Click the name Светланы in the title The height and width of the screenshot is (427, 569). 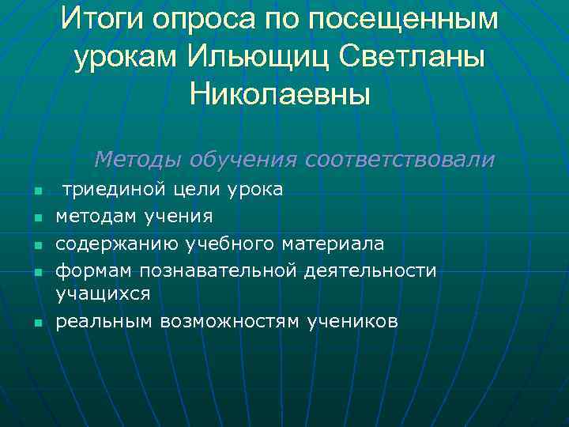pyautogui.click(x=419, y=56)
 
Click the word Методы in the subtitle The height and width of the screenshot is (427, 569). pyautogui.click(x=139, y=160)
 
